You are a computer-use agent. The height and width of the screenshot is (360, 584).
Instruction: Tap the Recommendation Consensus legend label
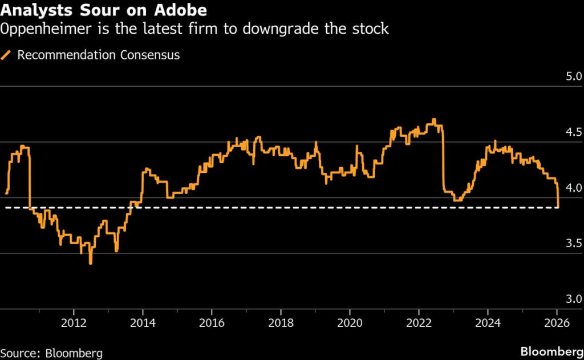coord(98,55)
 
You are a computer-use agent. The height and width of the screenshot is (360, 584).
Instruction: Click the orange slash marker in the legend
coord(7,55)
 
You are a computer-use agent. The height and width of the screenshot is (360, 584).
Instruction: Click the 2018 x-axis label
coord(281,321)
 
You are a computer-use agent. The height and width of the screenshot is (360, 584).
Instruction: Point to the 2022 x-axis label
coord(419,321)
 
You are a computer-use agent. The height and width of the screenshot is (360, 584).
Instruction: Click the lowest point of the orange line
coord(91,264)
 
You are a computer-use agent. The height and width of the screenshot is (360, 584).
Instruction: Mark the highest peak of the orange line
coord(434,119)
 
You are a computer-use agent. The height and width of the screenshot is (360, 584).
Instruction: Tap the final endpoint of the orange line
coord(558,207)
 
